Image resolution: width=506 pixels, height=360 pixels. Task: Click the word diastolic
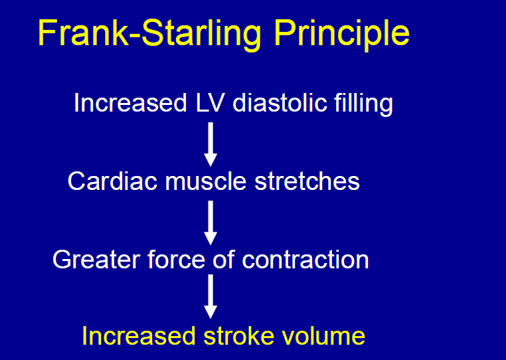(x=284, y=104)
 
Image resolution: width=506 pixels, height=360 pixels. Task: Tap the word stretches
(x=309, y=181)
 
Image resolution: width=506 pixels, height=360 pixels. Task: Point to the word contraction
(x=305, y=259)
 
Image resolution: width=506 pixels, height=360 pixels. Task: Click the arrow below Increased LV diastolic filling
(x=211, y=144)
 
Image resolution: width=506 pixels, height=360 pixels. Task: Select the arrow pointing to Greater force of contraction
(x=211, y=223)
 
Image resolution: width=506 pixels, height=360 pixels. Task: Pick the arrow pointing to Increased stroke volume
(x=211, y=296)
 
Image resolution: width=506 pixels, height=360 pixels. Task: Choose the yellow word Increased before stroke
(x=136, y=336)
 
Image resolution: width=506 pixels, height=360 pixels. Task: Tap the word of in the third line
(x=222, y=259)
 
